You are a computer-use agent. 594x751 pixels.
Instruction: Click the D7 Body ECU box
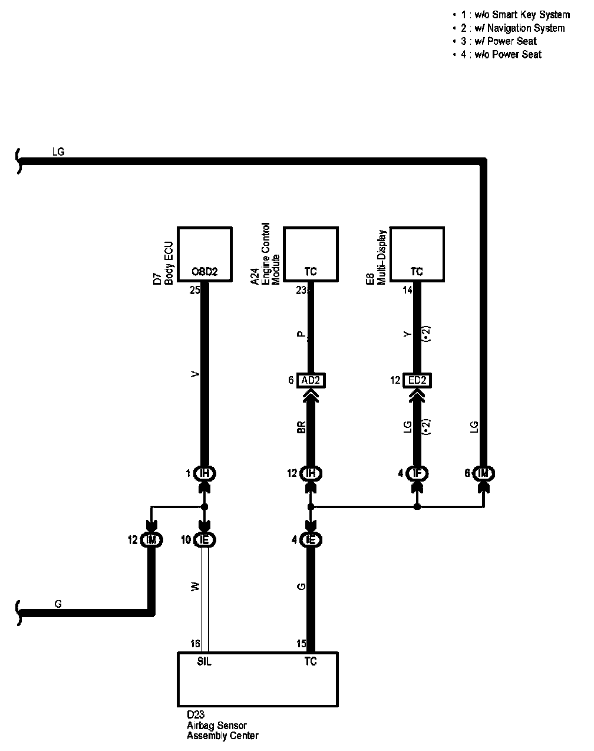(204, 255)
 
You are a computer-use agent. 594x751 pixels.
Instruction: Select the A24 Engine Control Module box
(311, 255)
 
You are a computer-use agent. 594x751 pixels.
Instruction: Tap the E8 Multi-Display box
(417, 255)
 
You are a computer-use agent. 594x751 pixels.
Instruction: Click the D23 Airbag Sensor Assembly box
(258, 679)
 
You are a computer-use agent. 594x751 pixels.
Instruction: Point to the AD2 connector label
(311, 381)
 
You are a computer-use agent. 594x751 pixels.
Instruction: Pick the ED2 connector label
(417, 381)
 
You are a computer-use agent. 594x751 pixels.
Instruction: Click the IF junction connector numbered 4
(418, 473)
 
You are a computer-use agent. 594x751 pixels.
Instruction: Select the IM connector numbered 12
(151, 539)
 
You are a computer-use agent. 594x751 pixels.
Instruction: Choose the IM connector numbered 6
(484, 473)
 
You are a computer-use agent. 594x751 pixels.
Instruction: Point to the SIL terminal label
(204, 661)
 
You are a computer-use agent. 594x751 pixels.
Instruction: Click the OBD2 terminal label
(204, 272)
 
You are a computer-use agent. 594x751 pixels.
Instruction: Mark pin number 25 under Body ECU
(195, 291)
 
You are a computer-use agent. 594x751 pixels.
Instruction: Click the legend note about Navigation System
(513, 28)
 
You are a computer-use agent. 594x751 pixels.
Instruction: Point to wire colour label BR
(301, 429)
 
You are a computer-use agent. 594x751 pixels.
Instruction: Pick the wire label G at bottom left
(58, 604)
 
